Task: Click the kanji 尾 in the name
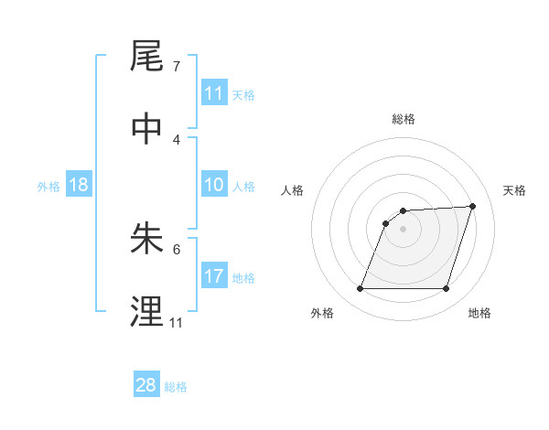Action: (x=148, y=57)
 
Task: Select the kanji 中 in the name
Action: (x=148, y=129)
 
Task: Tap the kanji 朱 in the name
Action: (x=148, y=239)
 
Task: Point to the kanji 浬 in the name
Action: (x=148, y=312)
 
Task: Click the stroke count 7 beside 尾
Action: (x=177, y=67)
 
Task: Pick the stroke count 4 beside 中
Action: (x=177, y=139)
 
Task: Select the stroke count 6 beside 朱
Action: (x=177, y=249)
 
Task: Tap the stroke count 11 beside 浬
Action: (x=177, y=322)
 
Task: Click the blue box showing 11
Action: (x=214, y=93)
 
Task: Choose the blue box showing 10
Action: (x=214, y=185)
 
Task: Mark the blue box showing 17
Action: (x=214, y=276)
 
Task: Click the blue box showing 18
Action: (x=79, y=185)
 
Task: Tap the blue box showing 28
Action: (x=146, y=385)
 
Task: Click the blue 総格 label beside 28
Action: (x=177, y=387)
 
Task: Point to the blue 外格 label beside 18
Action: (x=48, y=187)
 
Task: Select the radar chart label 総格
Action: (x=404, y=119)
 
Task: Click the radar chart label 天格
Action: (x=515, y=190)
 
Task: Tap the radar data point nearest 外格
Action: (x=360, y=289)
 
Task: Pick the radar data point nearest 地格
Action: (x=446, y=289)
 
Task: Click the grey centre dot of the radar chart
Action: (x=404, y=229)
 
